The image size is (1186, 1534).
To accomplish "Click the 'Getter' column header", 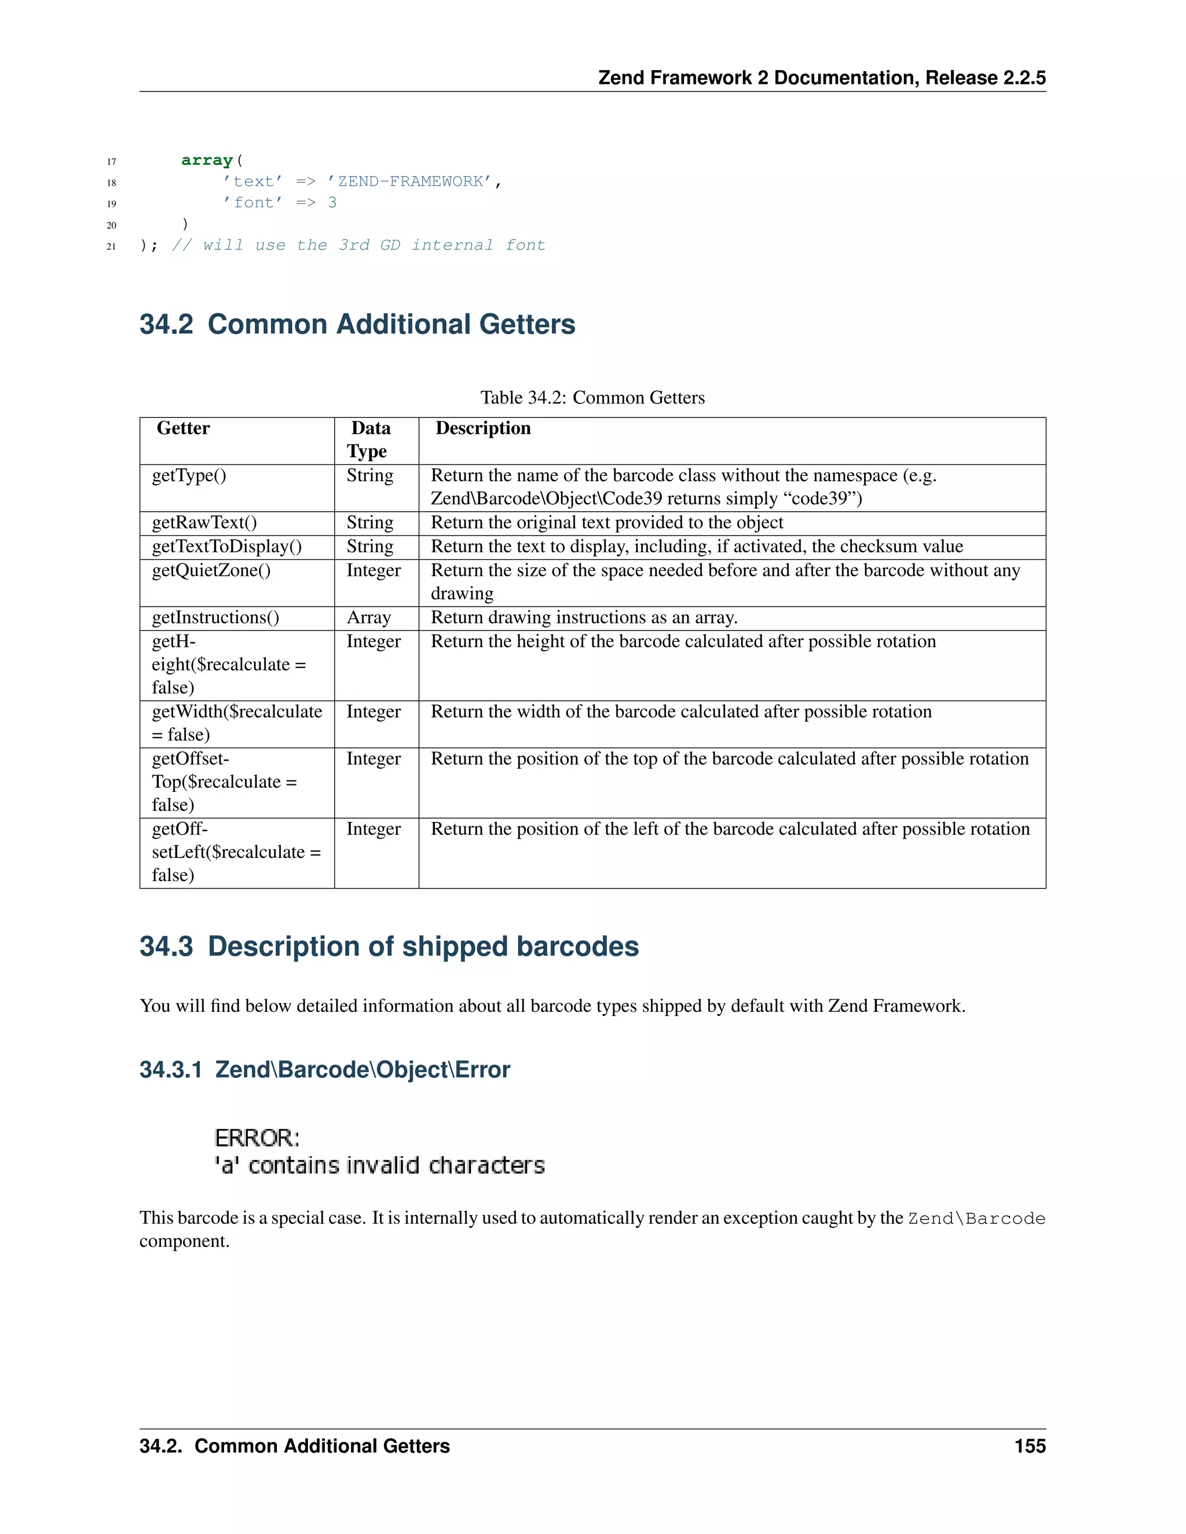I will pyautogui.click(x=184, y=428).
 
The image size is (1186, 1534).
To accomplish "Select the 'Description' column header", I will pyautogui.click(x=484, y=428).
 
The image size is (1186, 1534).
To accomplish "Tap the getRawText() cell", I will pyautogui.click(x=204, y=523).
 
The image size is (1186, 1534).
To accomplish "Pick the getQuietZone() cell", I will pyautogui.click(x=211, y=570).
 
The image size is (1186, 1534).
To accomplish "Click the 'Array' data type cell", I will pyautogui.click(x=369, y=618).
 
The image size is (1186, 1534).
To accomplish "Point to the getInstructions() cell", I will pyautogui.click(x=215, y=618).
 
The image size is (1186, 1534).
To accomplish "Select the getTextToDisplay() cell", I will pyautogui.click(x=227, y=546).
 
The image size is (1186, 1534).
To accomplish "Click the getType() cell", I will pyautogui.click(x=189, y=475).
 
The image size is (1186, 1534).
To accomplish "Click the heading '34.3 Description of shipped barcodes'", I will pyautogui.click(x=389, y=947).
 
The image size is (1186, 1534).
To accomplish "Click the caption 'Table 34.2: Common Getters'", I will pyautogui.click(x=592, y=398).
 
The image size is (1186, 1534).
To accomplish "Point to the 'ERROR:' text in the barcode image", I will pyautogui.click(x=257, y=1138).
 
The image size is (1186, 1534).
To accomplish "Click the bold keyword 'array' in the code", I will pyautogui.click(x=207, y=160).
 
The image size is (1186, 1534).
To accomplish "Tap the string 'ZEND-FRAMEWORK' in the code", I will pyautogui.click(x=411, y=181).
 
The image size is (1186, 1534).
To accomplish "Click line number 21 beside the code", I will pyautogui.click(x=111, y=247).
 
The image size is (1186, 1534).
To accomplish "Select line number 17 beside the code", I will pyautogui.click(x=111, y=162).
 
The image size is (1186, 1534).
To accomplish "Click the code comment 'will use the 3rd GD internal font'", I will pyautogui.click(x=358, y=245).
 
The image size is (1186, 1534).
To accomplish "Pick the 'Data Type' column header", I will pyautogui.click(x=369, y=440).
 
